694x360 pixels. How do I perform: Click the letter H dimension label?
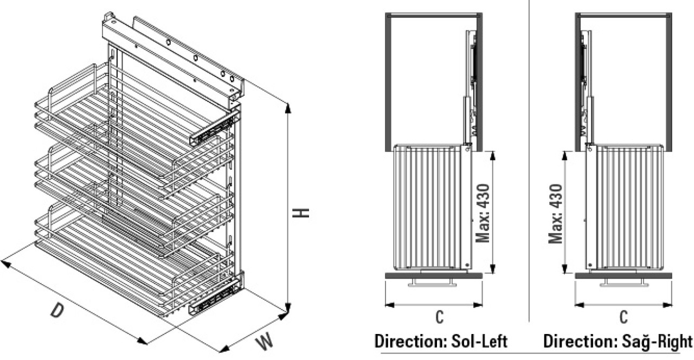tap(301, 213)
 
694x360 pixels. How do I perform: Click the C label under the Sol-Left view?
tap(439, 317)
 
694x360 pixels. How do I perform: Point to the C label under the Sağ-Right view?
tap(624, 317)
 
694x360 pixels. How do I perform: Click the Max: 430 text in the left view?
tap(483, 214)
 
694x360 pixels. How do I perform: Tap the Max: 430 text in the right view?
tap(555, 214)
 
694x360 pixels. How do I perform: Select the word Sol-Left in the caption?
tap(480, 342)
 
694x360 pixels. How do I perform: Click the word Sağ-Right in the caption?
tap(656, 342)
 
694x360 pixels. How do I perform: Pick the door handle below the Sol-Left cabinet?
tap(432, 284)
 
